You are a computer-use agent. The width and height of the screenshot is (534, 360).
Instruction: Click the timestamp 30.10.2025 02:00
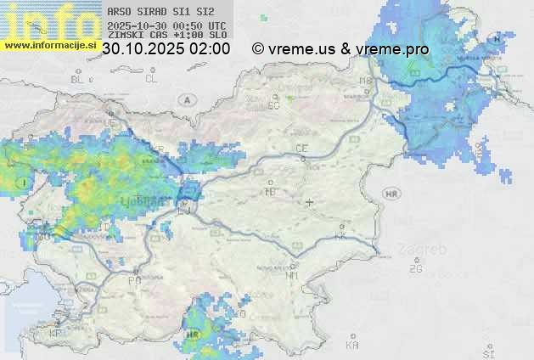tap(166, 49)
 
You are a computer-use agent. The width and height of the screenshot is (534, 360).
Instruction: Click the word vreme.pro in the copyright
tap(392, 49)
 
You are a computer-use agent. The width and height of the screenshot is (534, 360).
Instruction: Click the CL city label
tap(151, 79)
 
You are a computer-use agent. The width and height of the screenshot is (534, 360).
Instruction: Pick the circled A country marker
tap(185, 100)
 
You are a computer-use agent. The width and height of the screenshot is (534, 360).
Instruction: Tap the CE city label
tap(301, 149)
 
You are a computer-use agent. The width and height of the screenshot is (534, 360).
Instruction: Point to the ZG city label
tap(415, 269)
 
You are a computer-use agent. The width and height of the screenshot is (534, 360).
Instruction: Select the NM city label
tap(293, 275)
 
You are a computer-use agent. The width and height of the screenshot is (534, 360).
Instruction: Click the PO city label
tap(133, 279)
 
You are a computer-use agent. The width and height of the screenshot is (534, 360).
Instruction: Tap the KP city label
tap(56, 333)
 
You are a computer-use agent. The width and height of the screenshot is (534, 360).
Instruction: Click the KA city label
tap(352, 346)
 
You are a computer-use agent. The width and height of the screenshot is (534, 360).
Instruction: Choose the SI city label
tap(487, 352)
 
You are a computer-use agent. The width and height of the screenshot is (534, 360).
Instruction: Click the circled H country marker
tap(497, 40)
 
